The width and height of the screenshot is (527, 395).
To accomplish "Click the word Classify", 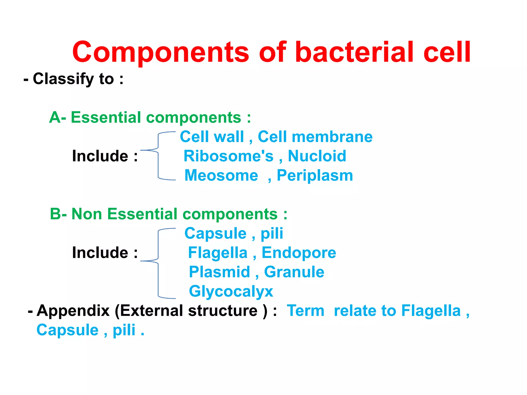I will (63, 79).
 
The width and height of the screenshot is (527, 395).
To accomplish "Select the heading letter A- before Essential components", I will (57, 117).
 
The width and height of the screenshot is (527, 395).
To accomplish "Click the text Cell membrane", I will (315, 137).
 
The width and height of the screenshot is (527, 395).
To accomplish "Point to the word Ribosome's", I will (229, 156).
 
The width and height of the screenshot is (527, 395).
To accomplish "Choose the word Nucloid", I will (317, 156).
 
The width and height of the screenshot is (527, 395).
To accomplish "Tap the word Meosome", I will (221, 175).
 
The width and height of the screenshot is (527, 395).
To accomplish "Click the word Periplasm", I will (315, 176).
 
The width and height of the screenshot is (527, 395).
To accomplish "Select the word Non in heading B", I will (87, 214).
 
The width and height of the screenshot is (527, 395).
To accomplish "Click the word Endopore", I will (299, 253).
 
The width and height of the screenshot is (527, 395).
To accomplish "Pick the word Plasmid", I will (219, 272).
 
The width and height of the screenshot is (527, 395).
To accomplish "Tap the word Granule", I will (294, 272).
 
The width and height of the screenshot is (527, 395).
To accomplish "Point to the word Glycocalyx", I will (231, 292).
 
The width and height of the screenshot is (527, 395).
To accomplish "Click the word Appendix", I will (73, 311).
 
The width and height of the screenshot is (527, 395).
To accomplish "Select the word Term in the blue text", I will (305, 311).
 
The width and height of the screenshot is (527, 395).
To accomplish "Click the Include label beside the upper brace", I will (100, 156).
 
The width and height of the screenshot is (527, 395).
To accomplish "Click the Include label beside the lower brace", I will (100, 252).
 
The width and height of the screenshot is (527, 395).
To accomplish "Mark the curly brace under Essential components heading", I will (158, 156).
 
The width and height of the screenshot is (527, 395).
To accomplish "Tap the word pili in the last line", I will (124, 330).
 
